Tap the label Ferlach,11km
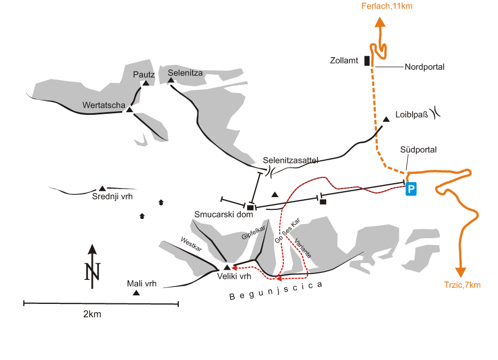[x=387, y=6]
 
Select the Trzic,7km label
[x=462, y=285]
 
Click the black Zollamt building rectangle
[x=367, y=60]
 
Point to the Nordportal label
[x=424, y=67]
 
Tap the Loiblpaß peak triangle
[x=386, y=119]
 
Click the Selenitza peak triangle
[x=171, y=81]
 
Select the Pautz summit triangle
[x=145, y=83]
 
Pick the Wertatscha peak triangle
[x=129, y=109]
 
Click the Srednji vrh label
[x=112, y=197]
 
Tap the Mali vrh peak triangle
[x=137, y=293]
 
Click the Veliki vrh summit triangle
[x=227, y=267]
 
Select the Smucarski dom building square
[x=250, y=207]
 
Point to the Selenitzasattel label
[x=291, y=160]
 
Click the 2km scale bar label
[x=92, y=314]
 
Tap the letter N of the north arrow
[x=92, y=272]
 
